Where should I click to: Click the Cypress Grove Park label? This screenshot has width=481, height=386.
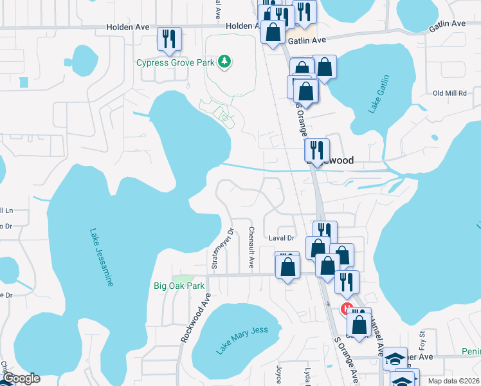(x=175, y=62)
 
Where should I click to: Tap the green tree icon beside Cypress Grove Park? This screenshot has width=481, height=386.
(x=224, y=62)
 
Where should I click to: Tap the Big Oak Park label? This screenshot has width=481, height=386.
(x=179, y=286)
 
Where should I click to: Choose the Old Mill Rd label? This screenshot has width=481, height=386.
(x=449, y=93)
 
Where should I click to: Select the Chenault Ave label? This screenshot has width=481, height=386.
(x=251, y=248)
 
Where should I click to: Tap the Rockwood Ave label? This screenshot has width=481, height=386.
(x=195, y=318)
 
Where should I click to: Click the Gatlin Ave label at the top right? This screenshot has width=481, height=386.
(x=448, y=23)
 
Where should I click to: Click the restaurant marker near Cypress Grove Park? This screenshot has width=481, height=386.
(x=169, y=39)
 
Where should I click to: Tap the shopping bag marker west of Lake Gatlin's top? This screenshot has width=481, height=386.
(x=325, y=67)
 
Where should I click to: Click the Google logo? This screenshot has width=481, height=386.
(x=21, y=378)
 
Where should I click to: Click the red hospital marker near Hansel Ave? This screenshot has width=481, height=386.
(x=347, y=309)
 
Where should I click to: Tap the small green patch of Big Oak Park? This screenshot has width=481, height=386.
(x=186, y=277)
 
